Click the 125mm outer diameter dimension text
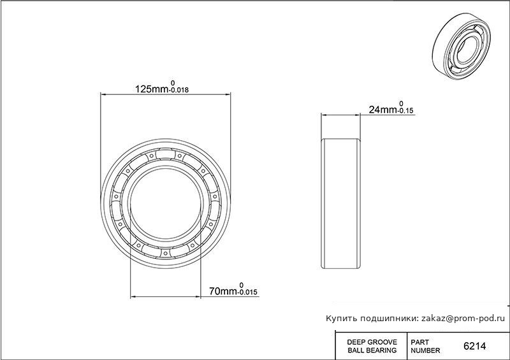click(152, 89)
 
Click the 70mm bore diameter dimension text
click(224, 291)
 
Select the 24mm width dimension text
click(382, 110)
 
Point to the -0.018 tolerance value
click(178, 90)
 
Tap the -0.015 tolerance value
click(248, 292)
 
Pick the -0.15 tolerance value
click(405, 111)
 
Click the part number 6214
click(474, 346)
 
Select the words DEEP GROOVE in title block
click(372, 342)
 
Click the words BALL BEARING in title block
click(372, 350)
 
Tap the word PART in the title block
click(420, 342)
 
